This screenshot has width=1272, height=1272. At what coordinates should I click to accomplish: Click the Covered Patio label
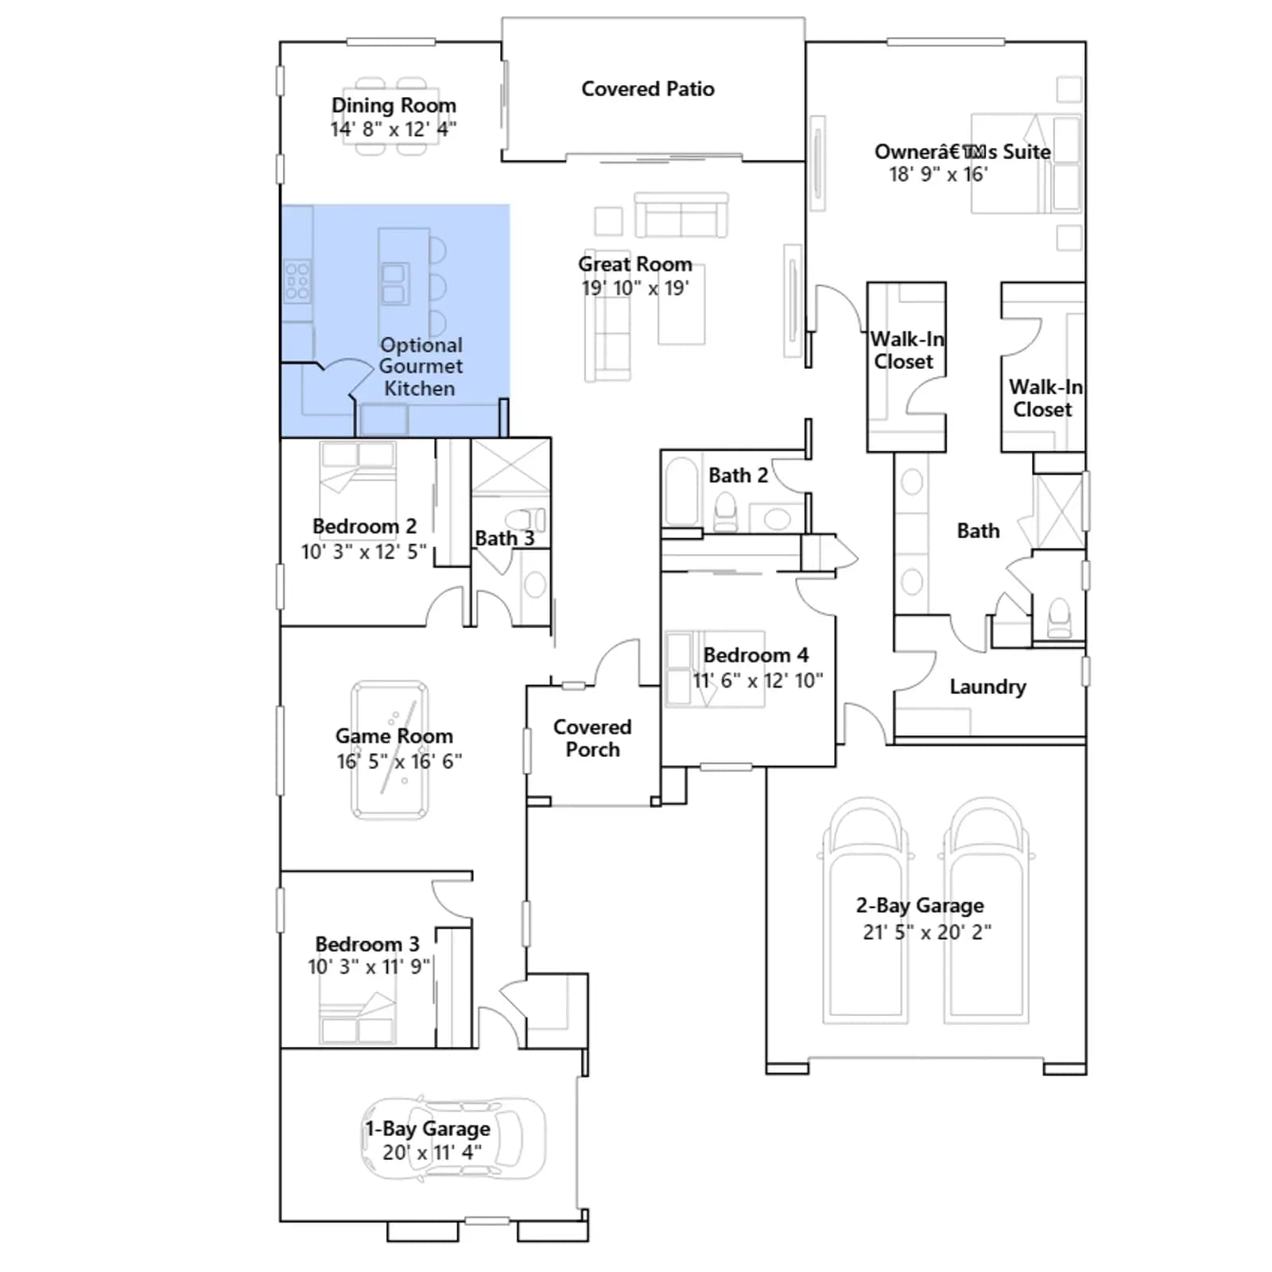pyautogui.click(x=648, y=88)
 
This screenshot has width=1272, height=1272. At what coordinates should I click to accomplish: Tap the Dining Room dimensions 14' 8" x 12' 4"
pyautogui.click(x=394, y=129)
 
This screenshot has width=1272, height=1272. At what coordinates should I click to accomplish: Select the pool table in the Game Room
pyautogui.click(x=390, y=750)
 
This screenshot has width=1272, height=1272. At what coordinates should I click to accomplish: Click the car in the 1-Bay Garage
pyautogui.click(x=454, y=1138)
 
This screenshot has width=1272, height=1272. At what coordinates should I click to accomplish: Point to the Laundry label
pyautogui.click(x=987, y=686)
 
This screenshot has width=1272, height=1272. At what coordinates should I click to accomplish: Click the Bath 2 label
pyautogui.click(x=738, y=475)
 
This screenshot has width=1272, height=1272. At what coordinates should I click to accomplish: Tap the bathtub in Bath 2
pyautogui.click(x=681, y=491)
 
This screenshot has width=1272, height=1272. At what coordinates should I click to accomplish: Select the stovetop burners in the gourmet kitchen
pyautogui.click(x=297, y=281)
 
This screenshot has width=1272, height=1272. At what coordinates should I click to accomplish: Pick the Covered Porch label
pyautogui.click(x=592, y=738)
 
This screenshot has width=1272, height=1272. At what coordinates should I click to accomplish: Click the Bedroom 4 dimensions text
pyautogui.click(x=758, y=681)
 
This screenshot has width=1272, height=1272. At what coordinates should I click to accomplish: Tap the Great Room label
pyautogui.click(x=635, y=264)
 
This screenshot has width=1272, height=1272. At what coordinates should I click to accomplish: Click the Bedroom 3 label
pyautogui.click(x=367, y=944)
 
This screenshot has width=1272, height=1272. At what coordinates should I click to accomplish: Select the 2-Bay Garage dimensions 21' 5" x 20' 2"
pyautogui.click(x=927, y=932)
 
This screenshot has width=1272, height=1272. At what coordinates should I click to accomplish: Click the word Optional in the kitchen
pyautogui.click(x=421, y=345)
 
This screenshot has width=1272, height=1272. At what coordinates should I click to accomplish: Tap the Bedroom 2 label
pyautogui.click(x=364, y=526)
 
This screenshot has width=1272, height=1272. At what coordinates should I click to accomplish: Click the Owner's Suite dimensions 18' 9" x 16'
pyautogui.click(x=938, y=174)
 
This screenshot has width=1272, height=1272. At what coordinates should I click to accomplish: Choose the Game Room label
pyautogui.click(x=394, y=736)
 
